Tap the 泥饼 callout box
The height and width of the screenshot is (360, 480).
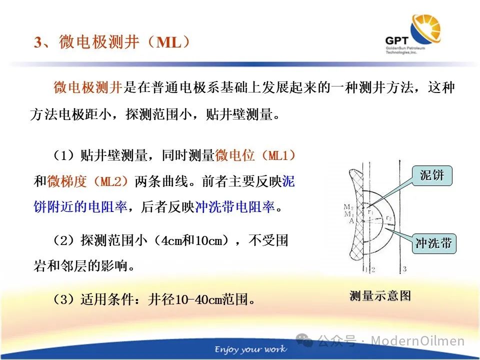[432, 175]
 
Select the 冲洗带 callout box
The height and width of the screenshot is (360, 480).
[434, 243]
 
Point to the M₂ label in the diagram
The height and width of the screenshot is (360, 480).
[348, 207]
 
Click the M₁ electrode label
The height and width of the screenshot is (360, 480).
[349, 214]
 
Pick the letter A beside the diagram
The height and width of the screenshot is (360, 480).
[351, 220]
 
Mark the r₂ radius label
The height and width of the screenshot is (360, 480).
[389, 218]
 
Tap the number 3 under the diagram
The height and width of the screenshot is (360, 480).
[404, 269]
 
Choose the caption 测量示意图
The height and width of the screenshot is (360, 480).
[380, 295]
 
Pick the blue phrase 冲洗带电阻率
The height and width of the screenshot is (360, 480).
[234, 207]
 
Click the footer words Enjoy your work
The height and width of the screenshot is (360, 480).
[250, 349]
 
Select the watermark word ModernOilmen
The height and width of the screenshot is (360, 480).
[417, 340]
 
